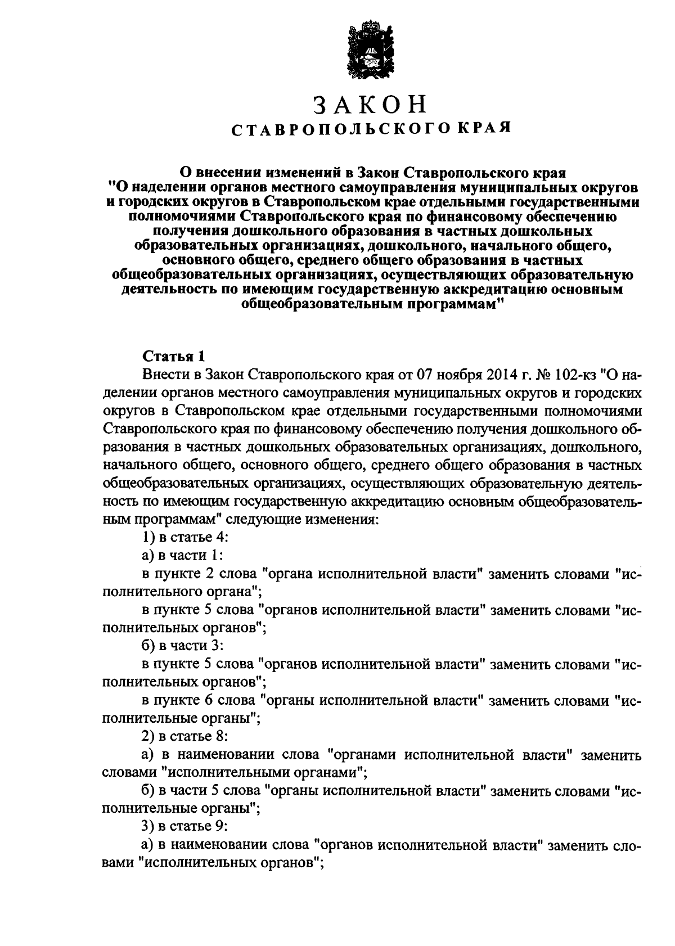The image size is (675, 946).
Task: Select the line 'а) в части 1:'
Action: coord(182,555)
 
